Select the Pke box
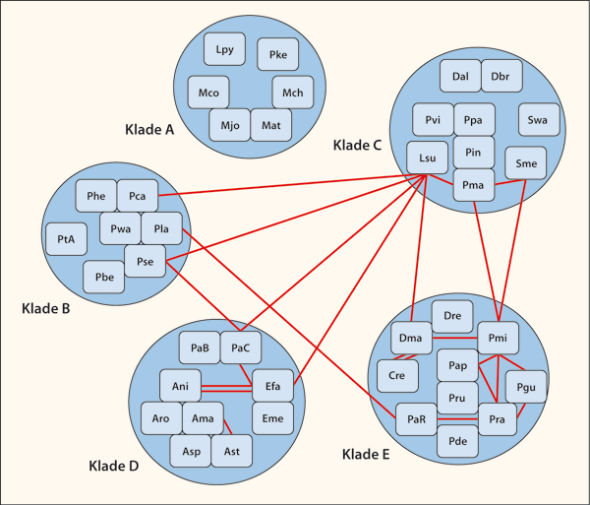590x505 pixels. tap(278, 57)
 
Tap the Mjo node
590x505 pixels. tap(229, 126)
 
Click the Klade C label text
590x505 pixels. tap(358, 146)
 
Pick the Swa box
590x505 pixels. tap(538, 120)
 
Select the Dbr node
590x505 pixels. tap(501, 76)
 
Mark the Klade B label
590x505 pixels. tap(45, 309)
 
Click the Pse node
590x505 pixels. tap(144, 261)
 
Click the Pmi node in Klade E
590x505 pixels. tap(497, 339)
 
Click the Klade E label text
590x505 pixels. tap(366, 454)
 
